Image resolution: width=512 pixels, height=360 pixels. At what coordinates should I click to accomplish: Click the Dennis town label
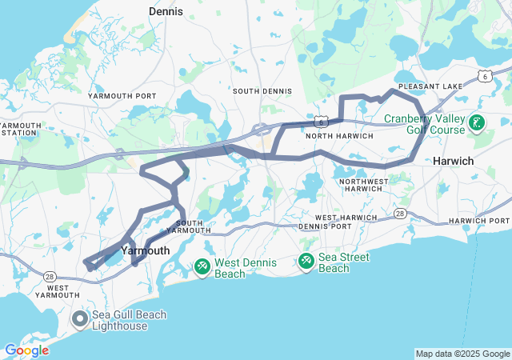pos(166,12)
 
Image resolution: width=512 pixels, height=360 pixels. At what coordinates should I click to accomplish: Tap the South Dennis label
pos(262,91)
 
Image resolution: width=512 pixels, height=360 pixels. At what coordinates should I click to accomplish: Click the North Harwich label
pos(339,136)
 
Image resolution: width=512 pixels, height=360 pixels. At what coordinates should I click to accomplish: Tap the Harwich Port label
pos(478,220)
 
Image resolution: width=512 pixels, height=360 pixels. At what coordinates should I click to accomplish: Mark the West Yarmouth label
pos(62,290)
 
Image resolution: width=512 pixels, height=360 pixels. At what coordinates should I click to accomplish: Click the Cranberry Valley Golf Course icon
pos(477,123)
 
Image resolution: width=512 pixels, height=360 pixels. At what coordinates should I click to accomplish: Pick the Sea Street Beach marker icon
pos(306,261)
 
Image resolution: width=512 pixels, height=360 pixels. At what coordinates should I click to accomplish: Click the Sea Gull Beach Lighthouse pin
pos(80,320)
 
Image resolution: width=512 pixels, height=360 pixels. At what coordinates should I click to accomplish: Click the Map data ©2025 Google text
pos(462,354)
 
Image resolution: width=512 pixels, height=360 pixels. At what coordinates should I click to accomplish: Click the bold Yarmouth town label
pos(145,250)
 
